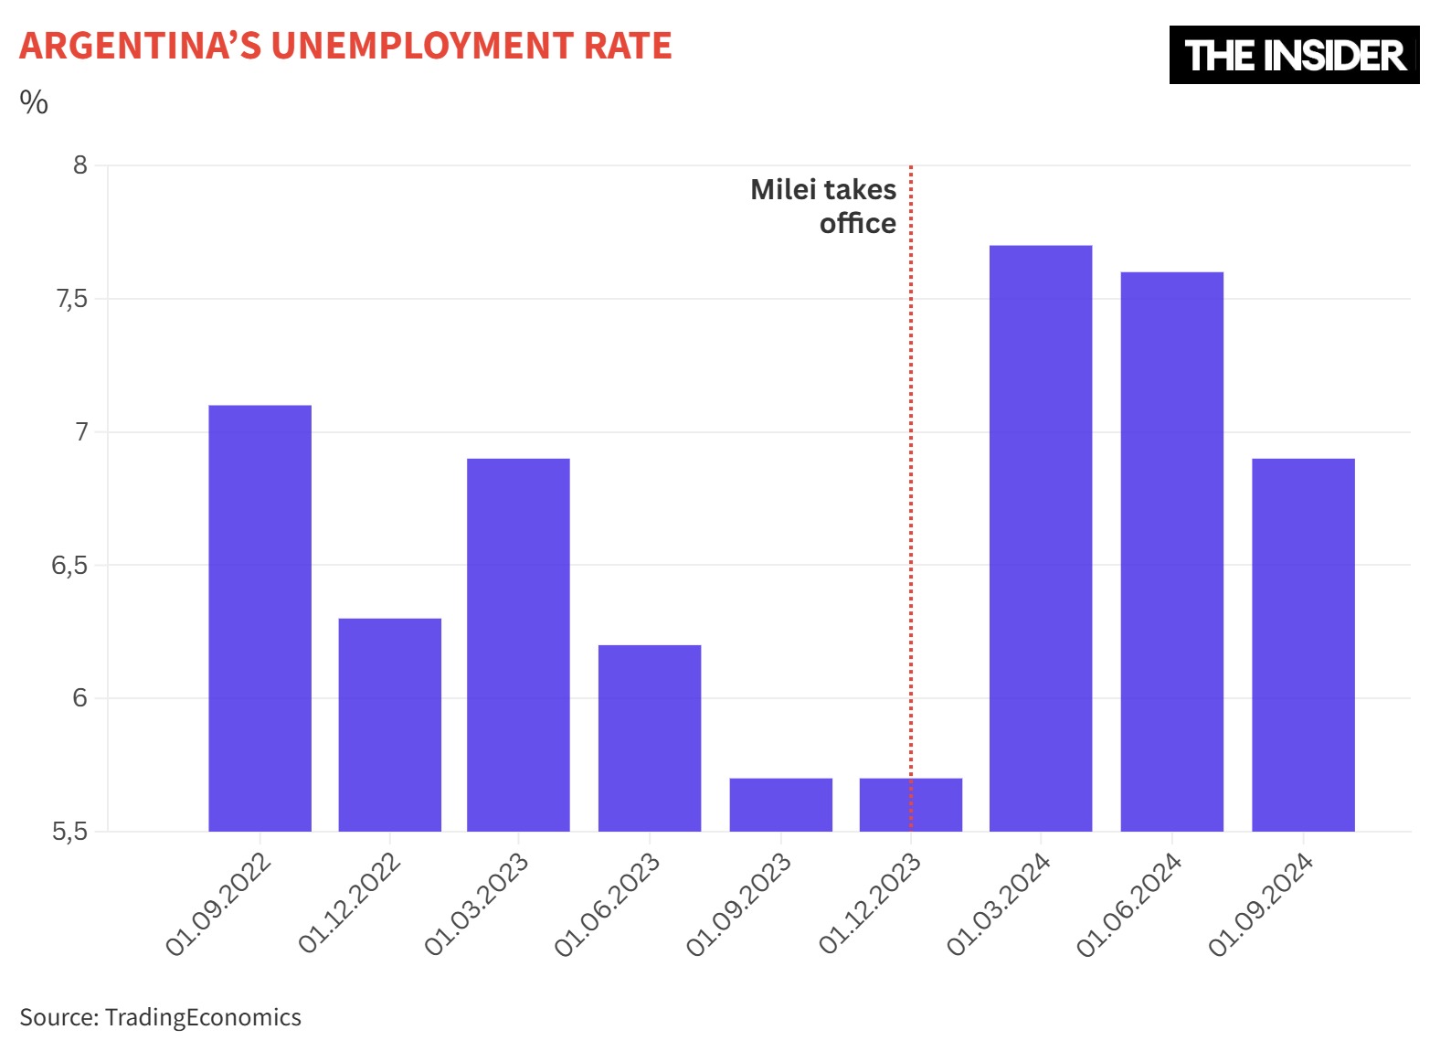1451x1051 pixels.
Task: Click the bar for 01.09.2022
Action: click(x=259, y=618)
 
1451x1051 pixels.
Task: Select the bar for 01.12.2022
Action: click(x=389, y=725)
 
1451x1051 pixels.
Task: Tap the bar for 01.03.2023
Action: click(x=518, y=644)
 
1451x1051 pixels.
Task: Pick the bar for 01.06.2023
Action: click(x=650, y=738)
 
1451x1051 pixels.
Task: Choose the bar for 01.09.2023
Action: click(x=780, y=804)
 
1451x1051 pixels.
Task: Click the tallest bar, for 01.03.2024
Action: click(x=1041, y=538)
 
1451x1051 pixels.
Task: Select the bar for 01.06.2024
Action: click(x=1171, y=551)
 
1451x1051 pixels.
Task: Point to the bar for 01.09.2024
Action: click(x=1303, y=644)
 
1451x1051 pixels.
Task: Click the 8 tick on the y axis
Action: click(x=80, y=165)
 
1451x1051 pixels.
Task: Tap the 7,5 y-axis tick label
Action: click(x=72, y=299)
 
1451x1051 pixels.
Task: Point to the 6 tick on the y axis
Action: click(x=80, y=698)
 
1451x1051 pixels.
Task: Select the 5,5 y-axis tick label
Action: click(x=69, y=832)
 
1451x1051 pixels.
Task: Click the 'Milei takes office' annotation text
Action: click(x=824, y=207)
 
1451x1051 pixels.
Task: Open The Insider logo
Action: click(x=1294, y=55)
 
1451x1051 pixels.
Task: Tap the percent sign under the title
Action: click(x=34, y=102)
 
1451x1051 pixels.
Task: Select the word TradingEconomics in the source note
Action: click(x=203, y=1017)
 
